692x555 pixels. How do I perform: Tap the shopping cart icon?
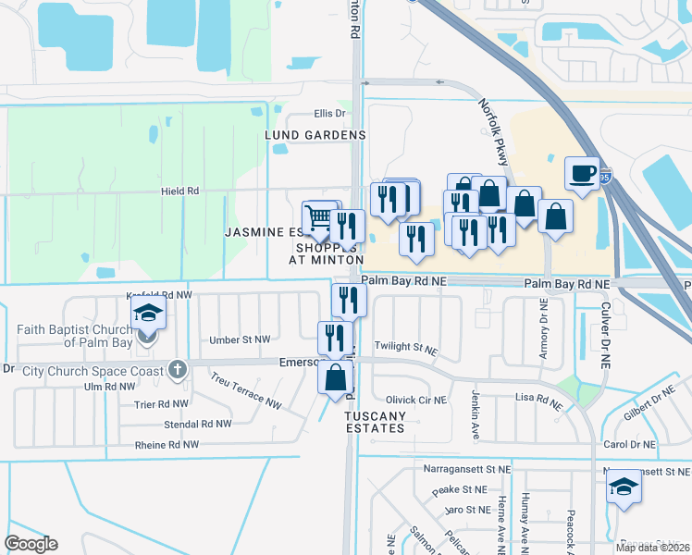tap(318, 217)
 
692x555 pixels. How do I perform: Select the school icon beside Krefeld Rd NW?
tap(147, 314)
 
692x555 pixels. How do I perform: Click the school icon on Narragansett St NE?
tap(624, 487)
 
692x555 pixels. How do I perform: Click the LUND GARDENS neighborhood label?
tap(315, 135)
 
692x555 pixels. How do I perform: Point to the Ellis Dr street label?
tap(328, 114)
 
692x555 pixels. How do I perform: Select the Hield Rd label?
tap(180, 191)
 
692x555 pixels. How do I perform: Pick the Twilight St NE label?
tap(405, 347)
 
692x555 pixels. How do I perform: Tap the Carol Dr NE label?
tap(629, 445)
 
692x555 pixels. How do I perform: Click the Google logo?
tap(31, 544)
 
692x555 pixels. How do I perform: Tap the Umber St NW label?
tap(240, 340)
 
